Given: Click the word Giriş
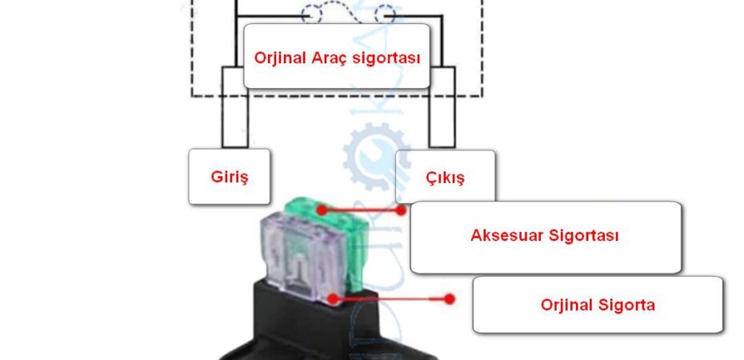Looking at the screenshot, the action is (230, 178).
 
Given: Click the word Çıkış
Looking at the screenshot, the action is (445, 178).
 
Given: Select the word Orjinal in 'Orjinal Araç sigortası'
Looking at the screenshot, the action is (281, 58).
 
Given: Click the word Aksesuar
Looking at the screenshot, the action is (506, 234).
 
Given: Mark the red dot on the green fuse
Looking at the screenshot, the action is (322, 210).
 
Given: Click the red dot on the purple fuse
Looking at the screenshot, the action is (334, 298).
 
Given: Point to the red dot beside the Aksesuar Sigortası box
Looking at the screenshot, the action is (401, 210).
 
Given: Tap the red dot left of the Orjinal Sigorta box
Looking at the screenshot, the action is (450, 299).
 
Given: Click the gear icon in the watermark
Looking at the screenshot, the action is (376, 156).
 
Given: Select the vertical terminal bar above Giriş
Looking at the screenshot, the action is (235, 107).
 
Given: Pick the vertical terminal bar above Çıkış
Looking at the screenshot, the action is (442, 107).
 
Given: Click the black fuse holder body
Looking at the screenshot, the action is (327, 327).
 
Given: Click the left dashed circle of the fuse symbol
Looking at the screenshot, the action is (311, 14).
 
